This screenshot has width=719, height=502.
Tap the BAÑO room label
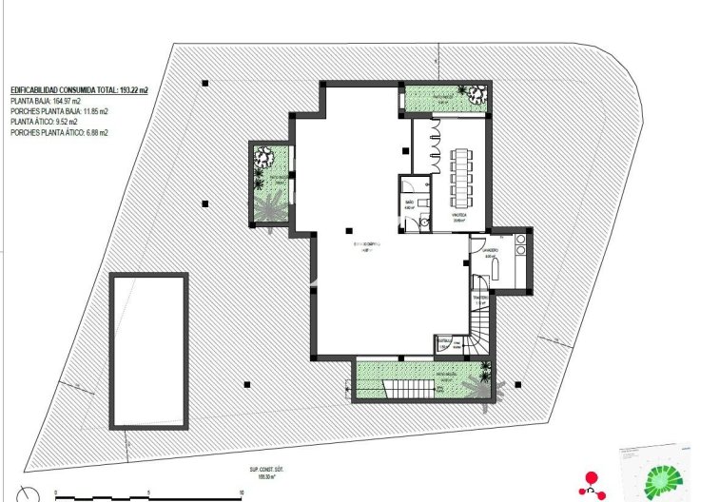(x=410, y=203)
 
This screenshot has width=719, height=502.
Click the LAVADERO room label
(x=492, y=253)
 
